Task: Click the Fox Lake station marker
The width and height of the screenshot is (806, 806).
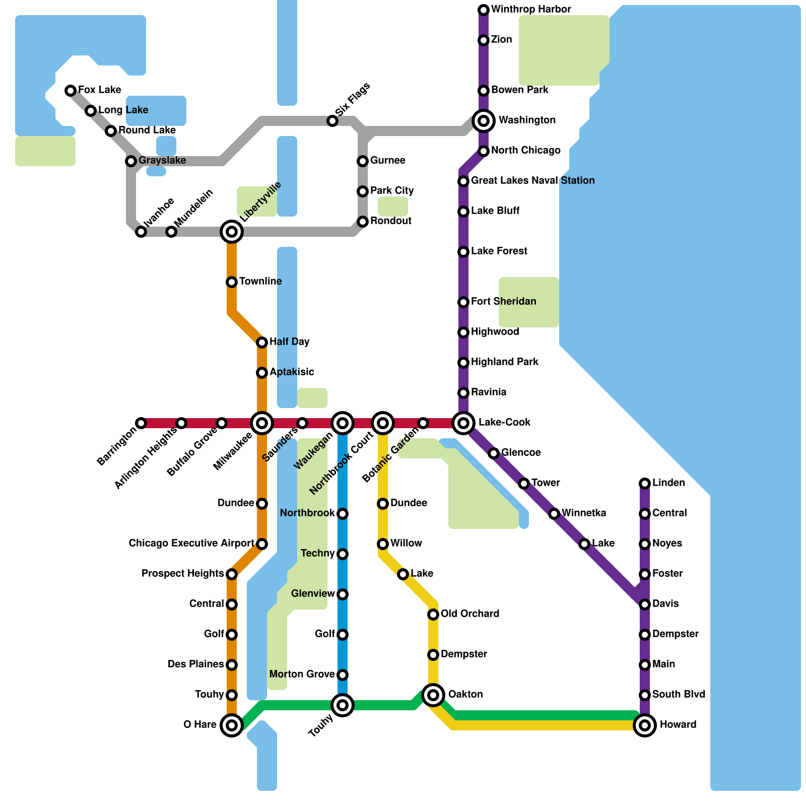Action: coord(71,91)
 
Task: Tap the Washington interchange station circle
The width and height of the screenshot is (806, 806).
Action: coord(484,121)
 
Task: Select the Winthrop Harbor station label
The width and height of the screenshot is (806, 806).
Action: coord(530,10)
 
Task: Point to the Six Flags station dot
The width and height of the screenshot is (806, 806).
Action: coord(332,121)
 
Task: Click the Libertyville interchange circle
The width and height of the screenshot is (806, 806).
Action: coord(232,232)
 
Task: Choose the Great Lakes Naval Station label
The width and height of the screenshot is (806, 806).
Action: coord(532,181)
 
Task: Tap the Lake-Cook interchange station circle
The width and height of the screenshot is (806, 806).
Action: coord(463,423)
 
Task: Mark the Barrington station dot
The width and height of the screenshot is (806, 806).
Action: coord(141,423)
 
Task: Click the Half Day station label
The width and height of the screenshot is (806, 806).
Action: coord(289,342)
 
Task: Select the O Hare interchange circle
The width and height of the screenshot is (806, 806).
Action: coord(232,725)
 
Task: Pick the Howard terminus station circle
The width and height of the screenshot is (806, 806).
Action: coord(645,725)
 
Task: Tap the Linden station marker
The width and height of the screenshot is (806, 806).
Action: coord(645,484)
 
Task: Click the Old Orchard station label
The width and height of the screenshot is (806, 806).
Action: coord(469,614)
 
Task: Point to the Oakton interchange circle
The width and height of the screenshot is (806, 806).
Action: coord(433,695)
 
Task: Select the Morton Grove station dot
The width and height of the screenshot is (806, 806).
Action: coord(343,675)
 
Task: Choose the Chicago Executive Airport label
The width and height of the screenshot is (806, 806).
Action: coord(191,544)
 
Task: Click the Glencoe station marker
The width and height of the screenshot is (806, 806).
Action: coord(494,453)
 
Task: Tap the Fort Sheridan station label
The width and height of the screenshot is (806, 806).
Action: coord(503,302)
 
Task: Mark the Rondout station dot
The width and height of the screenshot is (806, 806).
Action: coord(363,222)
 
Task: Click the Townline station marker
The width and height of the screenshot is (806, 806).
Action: coord(232,282)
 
